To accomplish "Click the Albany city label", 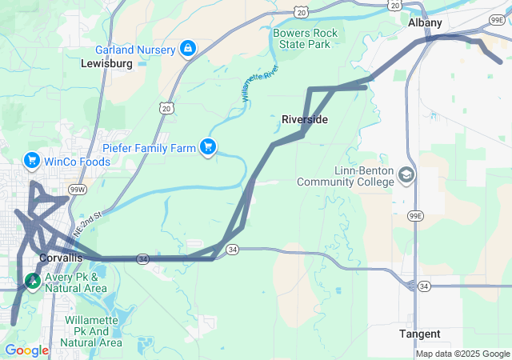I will click(x=424, y=23).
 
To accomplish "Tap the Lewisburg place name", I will click(x=106, y=63).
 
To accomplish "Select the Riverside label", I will click(x=304, y=119).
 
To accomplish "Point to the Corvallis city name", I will click(x=60, y=258).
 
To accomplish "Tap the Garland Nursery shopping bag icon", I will click(x=188, y=50).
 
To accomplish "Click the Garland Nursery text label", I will click(x=134, y=50).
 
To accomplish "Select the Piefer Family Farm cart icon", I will click(x=209, y=147).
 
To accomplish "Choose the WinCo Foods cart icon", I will click(x=32, y=161).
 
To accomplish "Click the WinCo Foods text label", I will click(x=77, y=162).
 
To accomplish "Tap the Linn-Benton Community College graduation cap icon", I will click(x=406, y=174).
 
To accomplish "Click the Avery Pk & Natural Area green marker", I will click(x=33, y=281).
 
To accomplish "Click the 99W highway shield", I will click(x=78, y=190).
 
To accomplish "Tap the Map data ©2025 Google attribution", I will click(x=462, y=354).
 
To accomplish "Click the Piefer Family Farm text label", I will click(x=149, y=148).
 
